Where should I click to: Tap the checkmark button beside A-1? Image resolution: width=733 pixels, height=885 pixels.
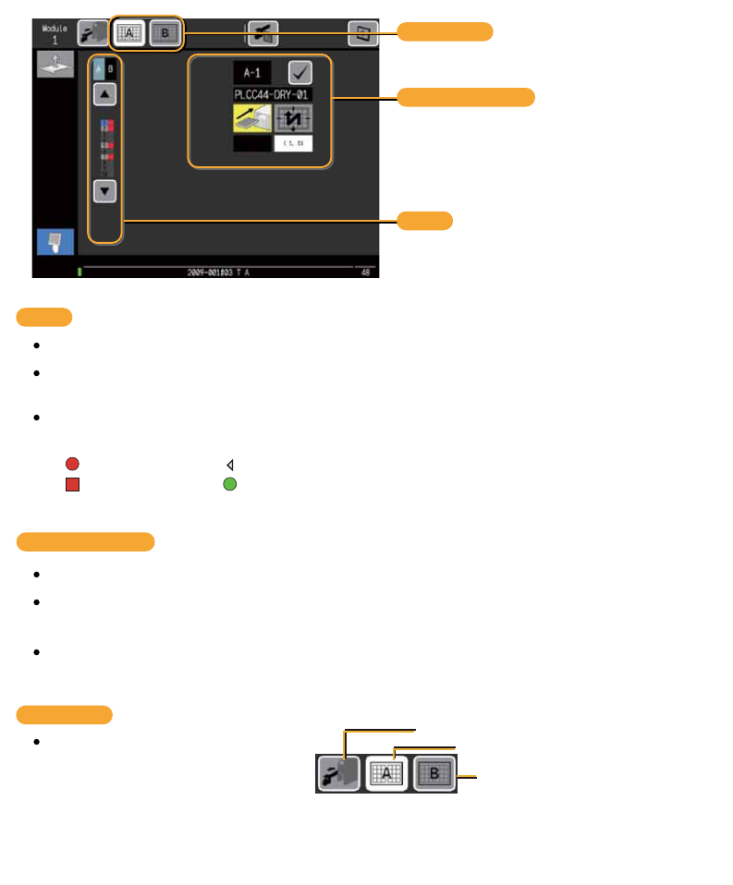tap(299, 72)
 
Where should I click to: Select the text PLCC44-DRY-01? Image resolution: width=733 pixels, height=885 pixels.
tap(272, 94)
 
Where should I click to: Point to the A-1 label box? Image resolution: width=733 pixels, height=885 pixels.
tap(251, 72)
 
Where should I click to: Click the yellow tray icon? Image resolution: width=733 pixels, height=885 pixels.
tap(251, 118)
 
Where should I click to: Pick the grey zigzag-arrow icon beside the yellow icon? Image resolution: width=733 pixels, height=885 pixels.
tap(294, 118)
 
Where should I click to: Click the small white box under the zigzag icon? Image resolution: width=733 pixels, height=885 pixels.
tap(294, 143)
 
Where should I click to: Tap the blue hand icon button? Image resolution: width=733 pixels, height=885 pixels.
tap(55, 241)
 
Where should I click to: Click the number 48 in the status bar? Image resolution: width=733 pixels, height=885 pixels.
tap(366, 273)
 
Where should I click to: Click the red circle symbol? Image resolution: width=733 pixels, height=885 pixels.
tap(72, 465)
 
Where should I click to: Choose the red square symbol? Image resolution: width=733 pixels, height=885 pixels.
tap(72, 483)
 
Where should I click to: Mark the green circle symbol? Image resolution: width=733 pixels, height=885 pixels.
tap(229, 483)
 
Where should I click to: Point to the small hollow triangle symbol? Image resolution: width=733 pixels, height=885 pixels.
tap(229, 465)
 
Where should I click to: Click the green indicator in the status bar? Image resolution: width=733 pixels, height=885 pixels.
tap(80, 273)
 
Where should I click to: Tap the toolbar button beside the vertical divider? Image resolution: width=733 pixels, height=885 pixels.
tap(263, 34)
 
